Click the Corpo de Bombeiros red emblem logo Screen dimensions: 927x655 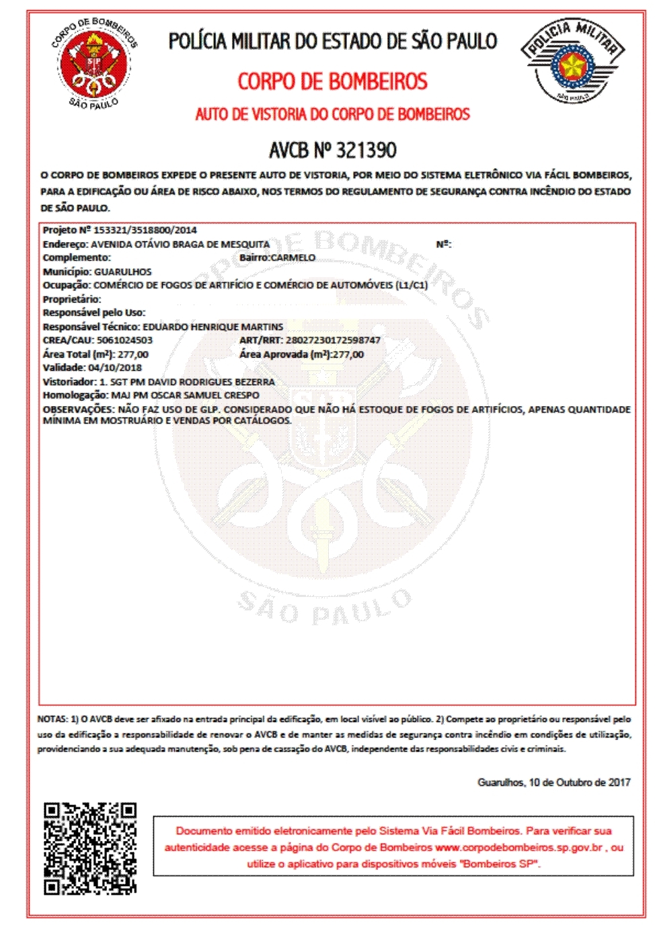(x=95, y=64)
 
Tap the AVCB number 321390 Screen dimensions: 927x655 (x=366, y=150)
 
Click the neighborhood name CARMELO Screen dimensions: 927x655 (x=293, y=257)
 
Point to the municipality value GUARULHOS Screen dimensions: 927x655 (x=123, y=272)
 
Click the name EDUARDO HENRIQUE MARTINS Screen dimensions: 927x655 (x=213, y=327)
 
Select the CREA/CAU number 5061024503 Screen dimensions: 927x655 (x=124, y=340)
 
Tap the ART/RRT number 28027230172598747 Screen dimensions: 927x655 (x=333, y=340)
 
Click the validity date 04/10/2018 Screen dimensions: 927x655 (x=115, y=368)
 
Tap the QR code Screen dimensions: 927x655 (x=90, y=848)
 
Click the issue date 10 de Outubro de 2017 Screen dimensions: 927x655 (x=580, y=782)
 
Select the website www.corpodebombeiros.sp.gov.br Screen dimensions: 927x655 (x=518, y=847)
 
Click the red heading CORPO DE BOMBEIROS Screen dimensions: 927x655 (x=332, y=82)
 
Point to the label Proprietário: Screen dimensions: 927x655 (x=72, y=299)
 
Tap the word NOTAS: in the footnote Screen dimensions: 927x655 (x=52, y=719)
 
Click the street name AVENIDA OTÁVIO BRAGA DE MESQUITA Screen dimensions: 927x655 (x=180, y=244)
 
